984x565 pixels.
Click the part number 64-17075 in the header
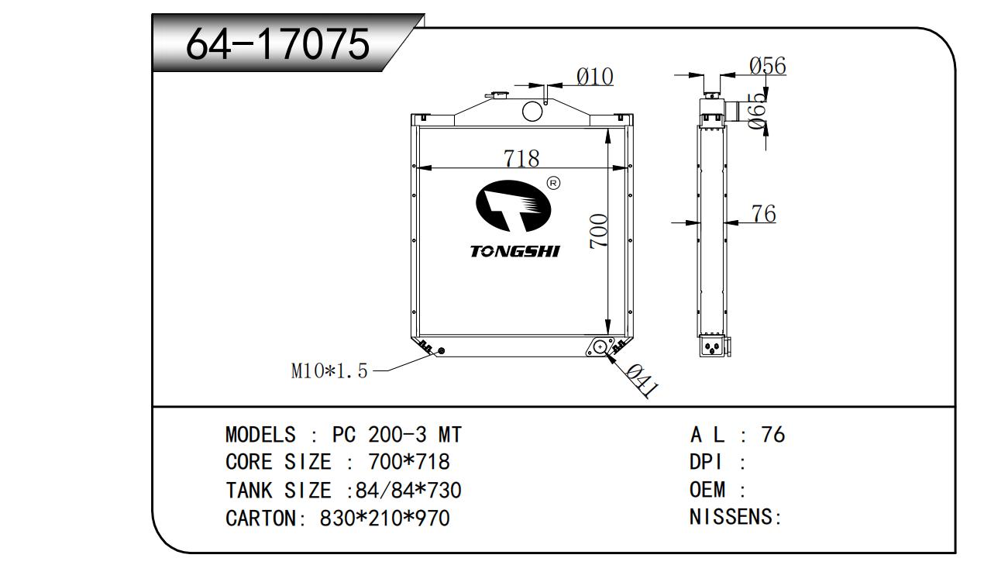(278, 46)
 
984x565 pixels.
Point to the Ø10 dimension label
(594, 77)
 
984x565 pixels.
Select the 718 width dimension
(521, 158)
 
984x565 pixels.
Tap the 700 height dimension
(599, 231)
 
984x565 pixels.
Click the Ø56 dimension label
(767, 67)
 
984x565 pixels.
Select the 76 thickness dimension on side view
(763, 213)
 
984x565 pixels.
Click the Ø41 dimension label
(640, 381)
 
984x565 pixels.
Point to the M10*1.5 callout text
(329, 371)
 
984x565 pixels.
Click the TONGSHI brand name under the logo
(514, 251)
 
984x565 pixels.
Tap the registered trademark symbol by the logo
(553, 183)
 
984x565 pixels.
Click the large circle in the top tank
(532, 112)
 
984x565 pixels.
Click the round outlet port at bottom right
(600, 346)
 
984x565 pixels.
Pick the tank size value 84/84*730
(408, 490)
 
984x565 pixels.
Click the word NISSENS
(732, 518)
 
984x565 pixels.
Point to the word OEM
(707, 490)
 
